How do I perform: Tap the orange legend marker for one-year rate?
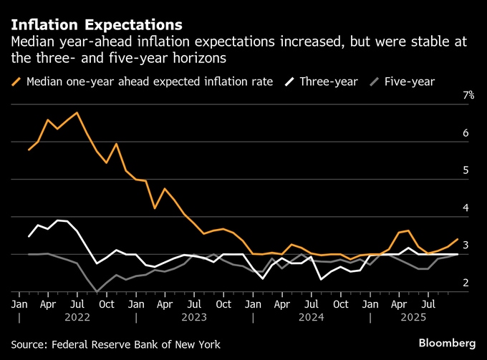[16, 82]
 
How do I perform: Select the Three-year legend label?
[329, 82]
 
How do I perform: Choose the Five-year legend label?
[409, 82]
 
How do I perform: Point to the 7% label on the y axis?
[468, 96]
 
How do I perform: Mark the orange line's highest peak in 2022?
[76, 113]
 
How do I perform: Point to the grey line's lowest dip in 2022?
[96, 291]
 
